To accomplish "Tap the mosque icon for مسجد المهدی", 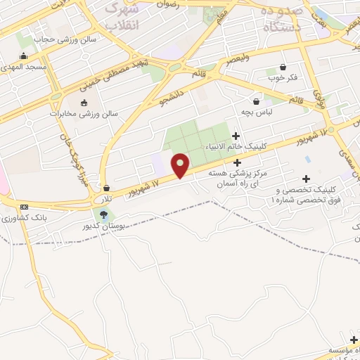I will [x=24, y=56].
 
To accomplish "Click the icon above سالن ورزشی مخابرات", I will [x=84, y=103].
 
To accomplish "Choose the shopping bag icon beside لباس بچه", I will [x=257, y=101].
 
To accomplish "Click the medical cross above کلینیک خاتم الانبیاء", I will [x=236, y=136].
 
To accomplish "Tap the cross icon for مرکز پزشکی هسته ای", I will [x=237, y=162].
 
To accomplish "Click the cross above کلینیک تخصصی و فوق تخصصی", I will [x=306, y=179].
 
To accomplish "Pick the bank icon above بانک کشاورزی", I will [x=25, y=207].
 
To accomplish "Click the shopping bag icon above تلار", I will [x=106, y=188].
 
